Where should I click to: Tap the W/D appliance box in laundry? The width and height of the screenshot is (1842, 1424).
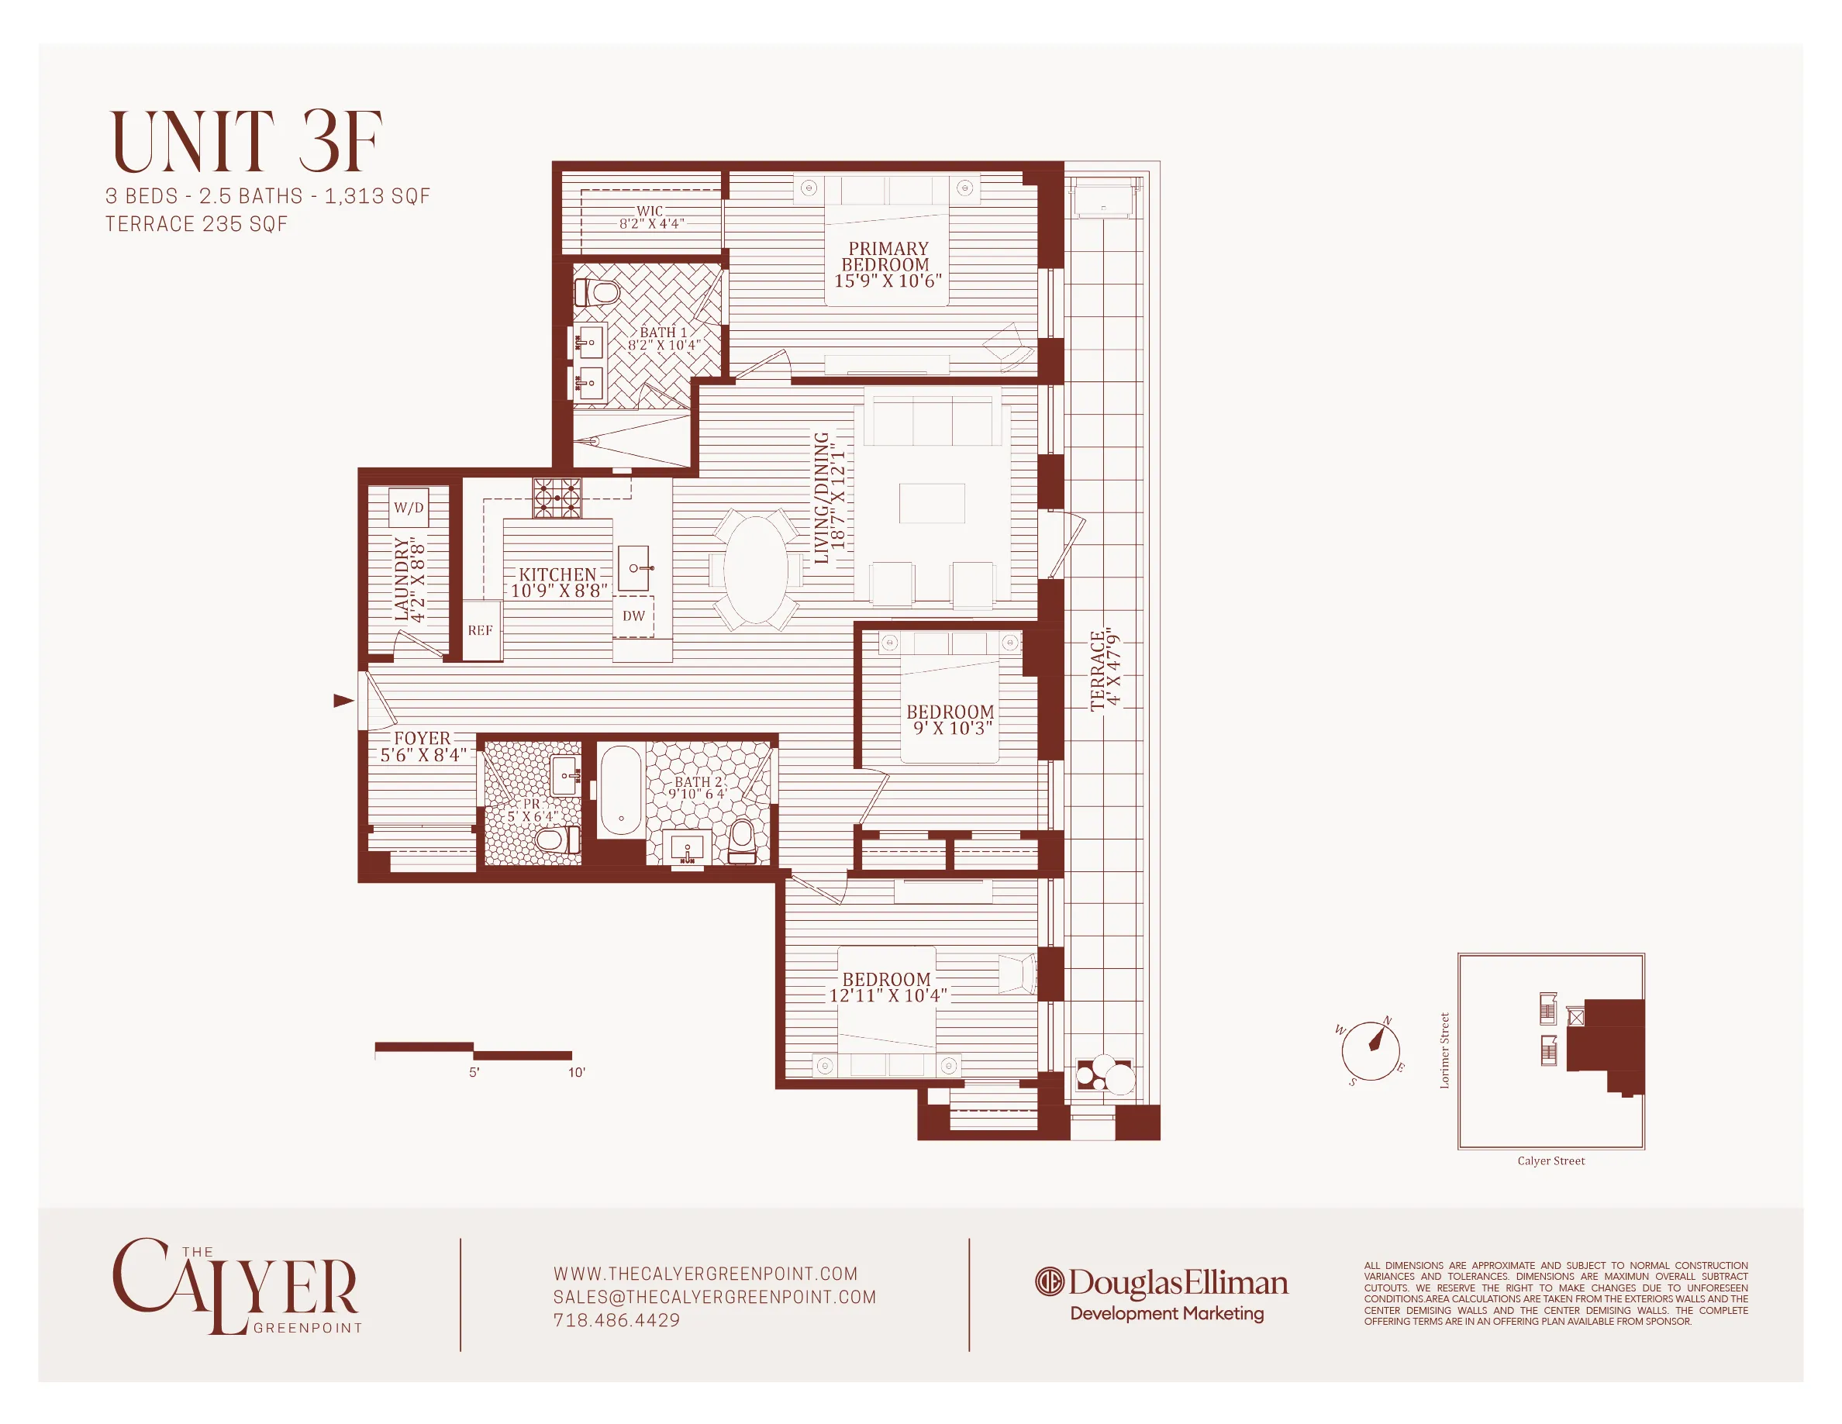click(409, 508)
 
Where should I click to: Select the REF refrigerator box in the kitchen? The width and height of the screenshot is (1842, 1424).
click(481, 631)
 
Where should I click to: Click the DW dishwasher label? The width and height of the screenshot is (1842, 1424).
click(633, 616)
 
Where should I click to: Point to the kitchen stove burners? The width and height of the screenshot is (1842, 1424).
click(557, 498)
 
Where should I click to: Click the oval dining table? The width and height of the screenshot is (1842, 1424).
click(756, 570)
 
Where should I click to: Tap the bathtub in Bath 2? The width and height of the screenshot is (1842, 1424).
click(622, 790)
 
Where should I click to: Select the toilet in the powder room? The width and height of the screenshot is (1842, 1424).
click(556, 839)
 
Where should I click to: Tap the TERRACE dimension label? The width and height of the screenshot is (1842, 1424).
click(1106, 670)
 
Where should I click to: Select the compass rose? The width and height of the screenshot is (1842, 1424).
click(1371, 1050)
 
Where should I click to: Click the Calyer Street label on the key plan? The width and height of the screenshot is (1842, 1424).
click(1551, 1161)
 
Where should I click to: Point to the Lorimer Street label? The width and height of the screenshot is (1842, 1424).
click(1444, 1050)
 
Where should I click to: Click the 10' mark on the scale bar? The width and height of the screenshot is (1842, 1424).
click(576, 1072)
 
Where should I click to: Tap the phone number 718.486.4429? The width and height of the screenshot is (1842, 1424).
click(616, 1320)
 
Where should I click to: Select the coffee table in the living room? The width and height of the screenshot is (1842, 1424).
click(931, 503)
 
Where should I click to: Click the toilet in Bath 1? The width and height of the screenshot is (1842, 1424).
click(598, 293)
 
